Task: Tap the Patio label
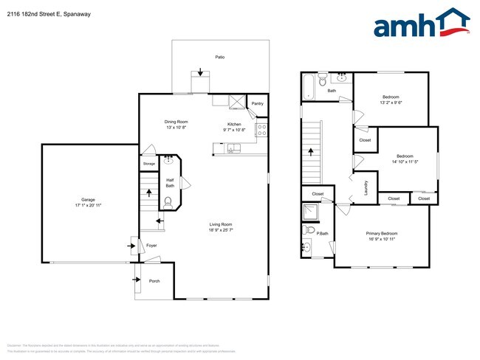(x=219, y=57)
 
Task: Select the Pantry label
(x=257, y=104)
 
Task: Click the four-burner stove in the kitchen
(x=261, y=131)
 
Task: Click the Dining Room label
(x=176, y=121)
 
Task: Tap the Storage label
(x=149, y=164)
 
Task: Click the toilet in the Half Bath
(x=170, y=198)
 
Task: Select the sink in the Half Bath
(x=168, y=158)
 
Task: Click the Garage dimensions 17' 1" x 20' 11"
(x=85, y=204)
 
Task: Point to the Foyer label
(x=151, y=246)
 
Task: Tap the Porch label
(x=154, y=280)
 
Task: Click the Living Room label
(x=220, y=224)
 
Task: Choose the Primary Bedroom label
(x=382, y=234)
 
